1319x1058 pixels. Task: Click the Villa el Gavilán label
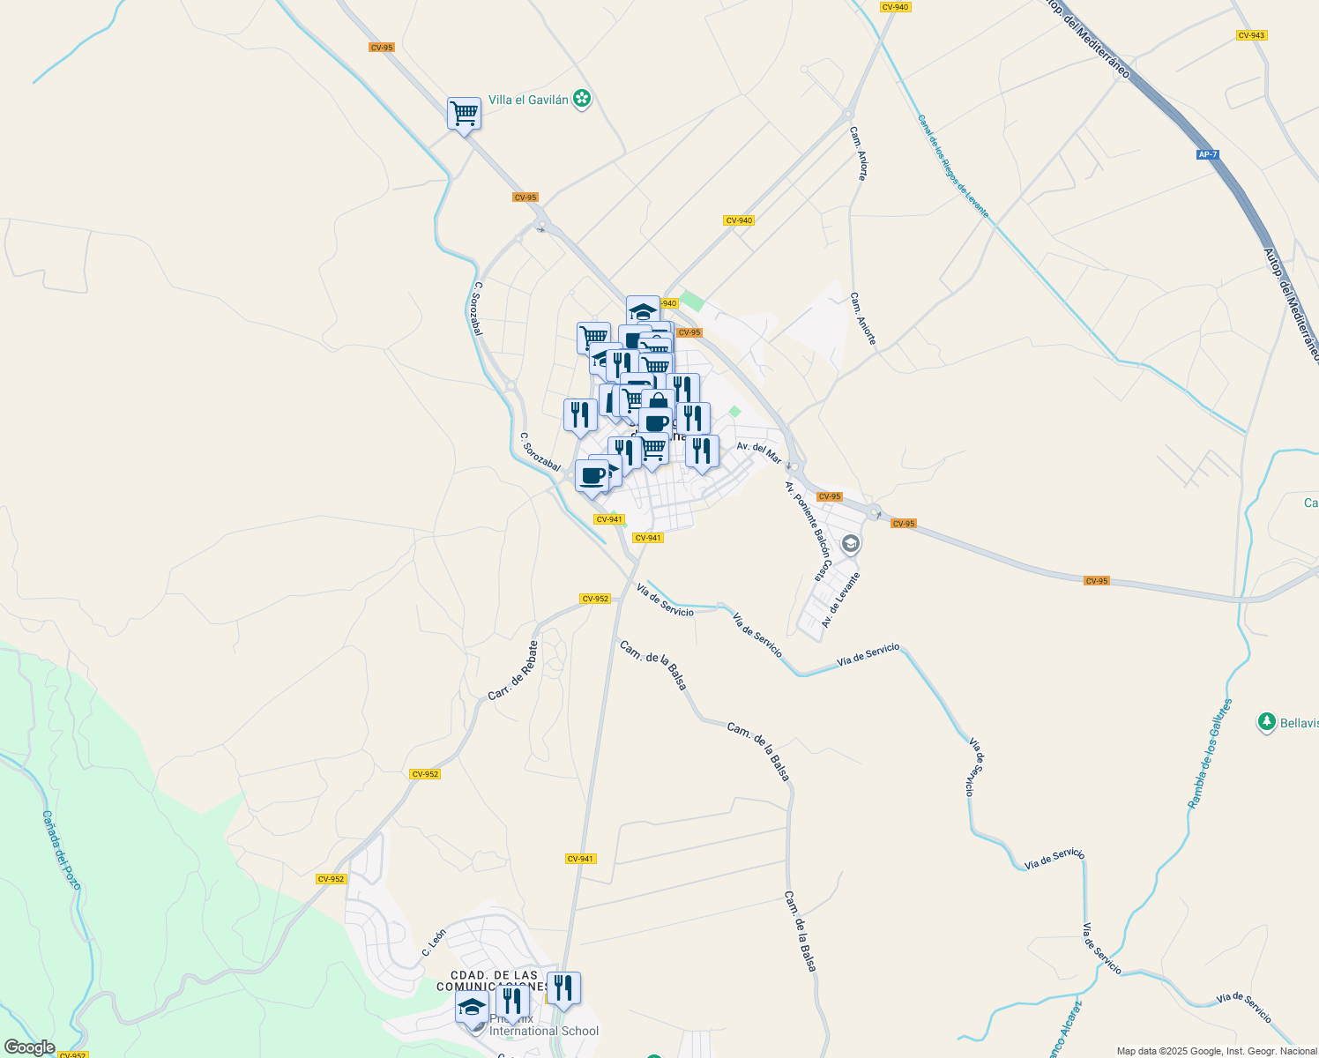(x=528, y=101)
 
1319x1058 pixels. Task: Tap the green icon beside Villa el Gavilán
(x=582, y=99)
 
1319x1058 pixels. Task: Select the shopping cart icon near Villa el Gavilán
(x=464, y=114)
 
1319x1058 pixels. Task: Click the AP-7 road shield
(x=1208, y=155)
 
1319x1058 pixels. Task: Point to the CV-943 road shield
(x=1251, y=35)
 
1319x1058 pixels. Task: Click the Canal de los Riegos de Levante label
(x=953, y=167)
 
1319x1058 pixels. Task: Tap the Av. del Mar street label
(x=759, y=453)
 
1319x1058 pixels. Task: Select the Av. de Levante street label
(x=840, y=600)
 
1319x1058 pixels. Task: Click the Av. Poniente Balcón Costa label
(x=808, y=532)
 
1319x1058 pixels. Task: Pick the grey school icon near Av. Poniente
(x=851, y=544)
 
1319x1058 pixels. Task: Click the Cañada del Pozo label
(x=62, y=851)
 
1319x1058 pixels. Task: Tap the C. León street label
(x=434, y=943)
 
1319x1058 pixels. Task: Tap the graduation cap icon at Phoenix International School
(x=473, y=1008)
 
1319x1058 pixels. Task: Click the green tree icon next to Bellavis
(x=1267, y=723)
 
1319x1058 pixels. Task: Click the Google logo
(x=30, y=1047)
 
